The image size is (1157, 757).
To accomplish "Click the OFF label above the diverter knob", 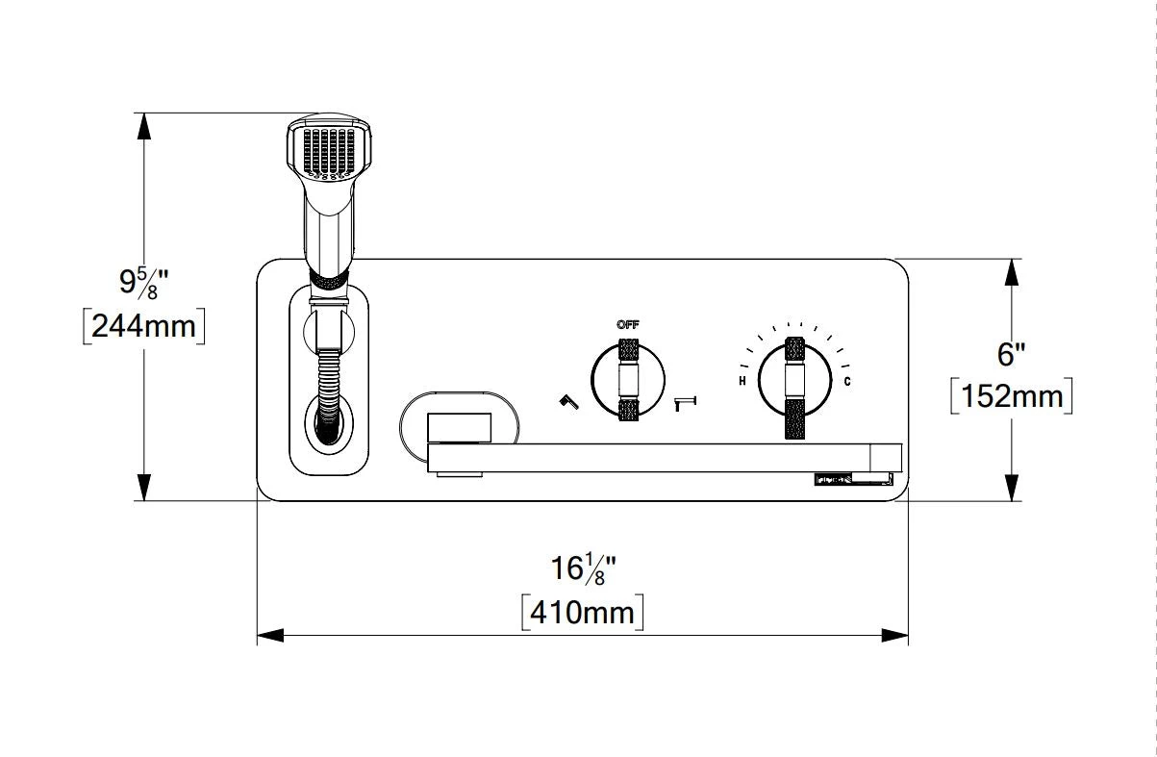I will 627,325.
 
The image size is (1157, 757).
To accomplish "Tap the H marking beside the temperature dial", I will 742,382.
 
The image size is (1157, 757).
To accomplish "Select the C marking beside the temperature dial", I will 846,382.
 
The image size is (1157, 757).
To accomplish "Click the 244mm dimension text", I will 143,326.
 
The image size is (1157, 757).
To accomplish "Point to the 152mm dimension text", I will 1011,395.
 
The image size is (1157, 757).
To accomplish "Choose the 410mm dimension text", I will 582,611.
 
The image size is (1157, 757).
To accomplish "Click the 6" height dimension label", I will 1010,354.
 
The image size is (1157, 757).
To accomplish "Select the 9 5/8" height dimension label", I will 144,283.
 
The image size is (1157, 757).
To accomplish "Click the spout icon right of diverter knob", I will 687,403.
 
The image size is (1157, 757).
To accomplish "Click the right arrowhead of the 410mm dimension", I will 896,635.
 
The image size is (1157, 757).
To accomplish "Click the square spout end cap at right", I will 885,457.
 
